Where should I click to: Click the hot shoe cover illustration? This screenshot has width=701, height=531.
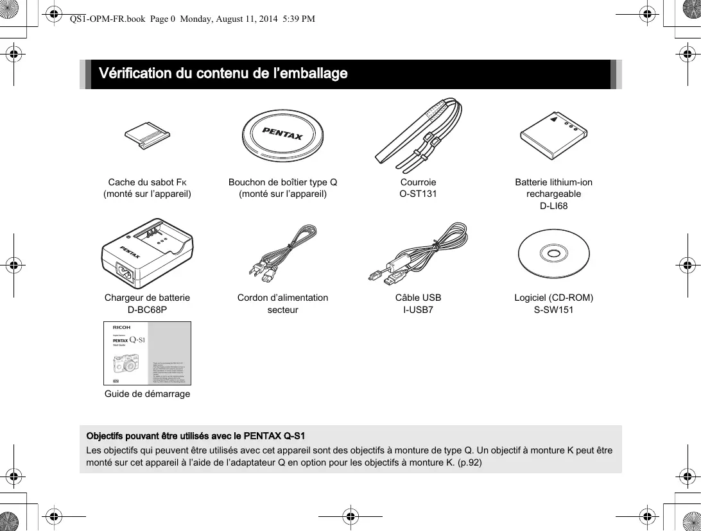click(147, 135)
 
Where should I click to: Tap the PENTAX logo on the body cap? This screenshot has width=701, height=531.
click(283, 137)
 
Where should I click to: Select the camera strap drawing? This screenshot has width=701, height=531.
click(418, 135)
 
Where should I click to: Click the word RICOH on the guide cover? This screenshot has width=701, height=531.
click(121, 328)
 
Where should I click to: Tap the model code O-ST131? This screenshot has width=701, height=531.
click(418, 194)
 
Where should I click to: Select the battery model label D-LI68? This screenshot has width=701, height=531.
click(553, 206)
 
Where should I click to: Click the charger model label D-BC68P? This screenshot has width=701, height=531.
click(147, 310)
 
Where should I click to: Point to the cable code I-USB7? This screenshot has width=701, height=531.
click(418, 310)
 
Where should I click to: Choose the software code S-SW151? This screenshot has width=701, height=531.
click(553, 310)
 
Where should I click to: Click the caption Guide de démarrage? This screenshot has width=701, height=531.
click(147, 394)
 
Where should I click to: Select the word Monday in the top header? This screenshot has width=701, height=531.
click(197, 19)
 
